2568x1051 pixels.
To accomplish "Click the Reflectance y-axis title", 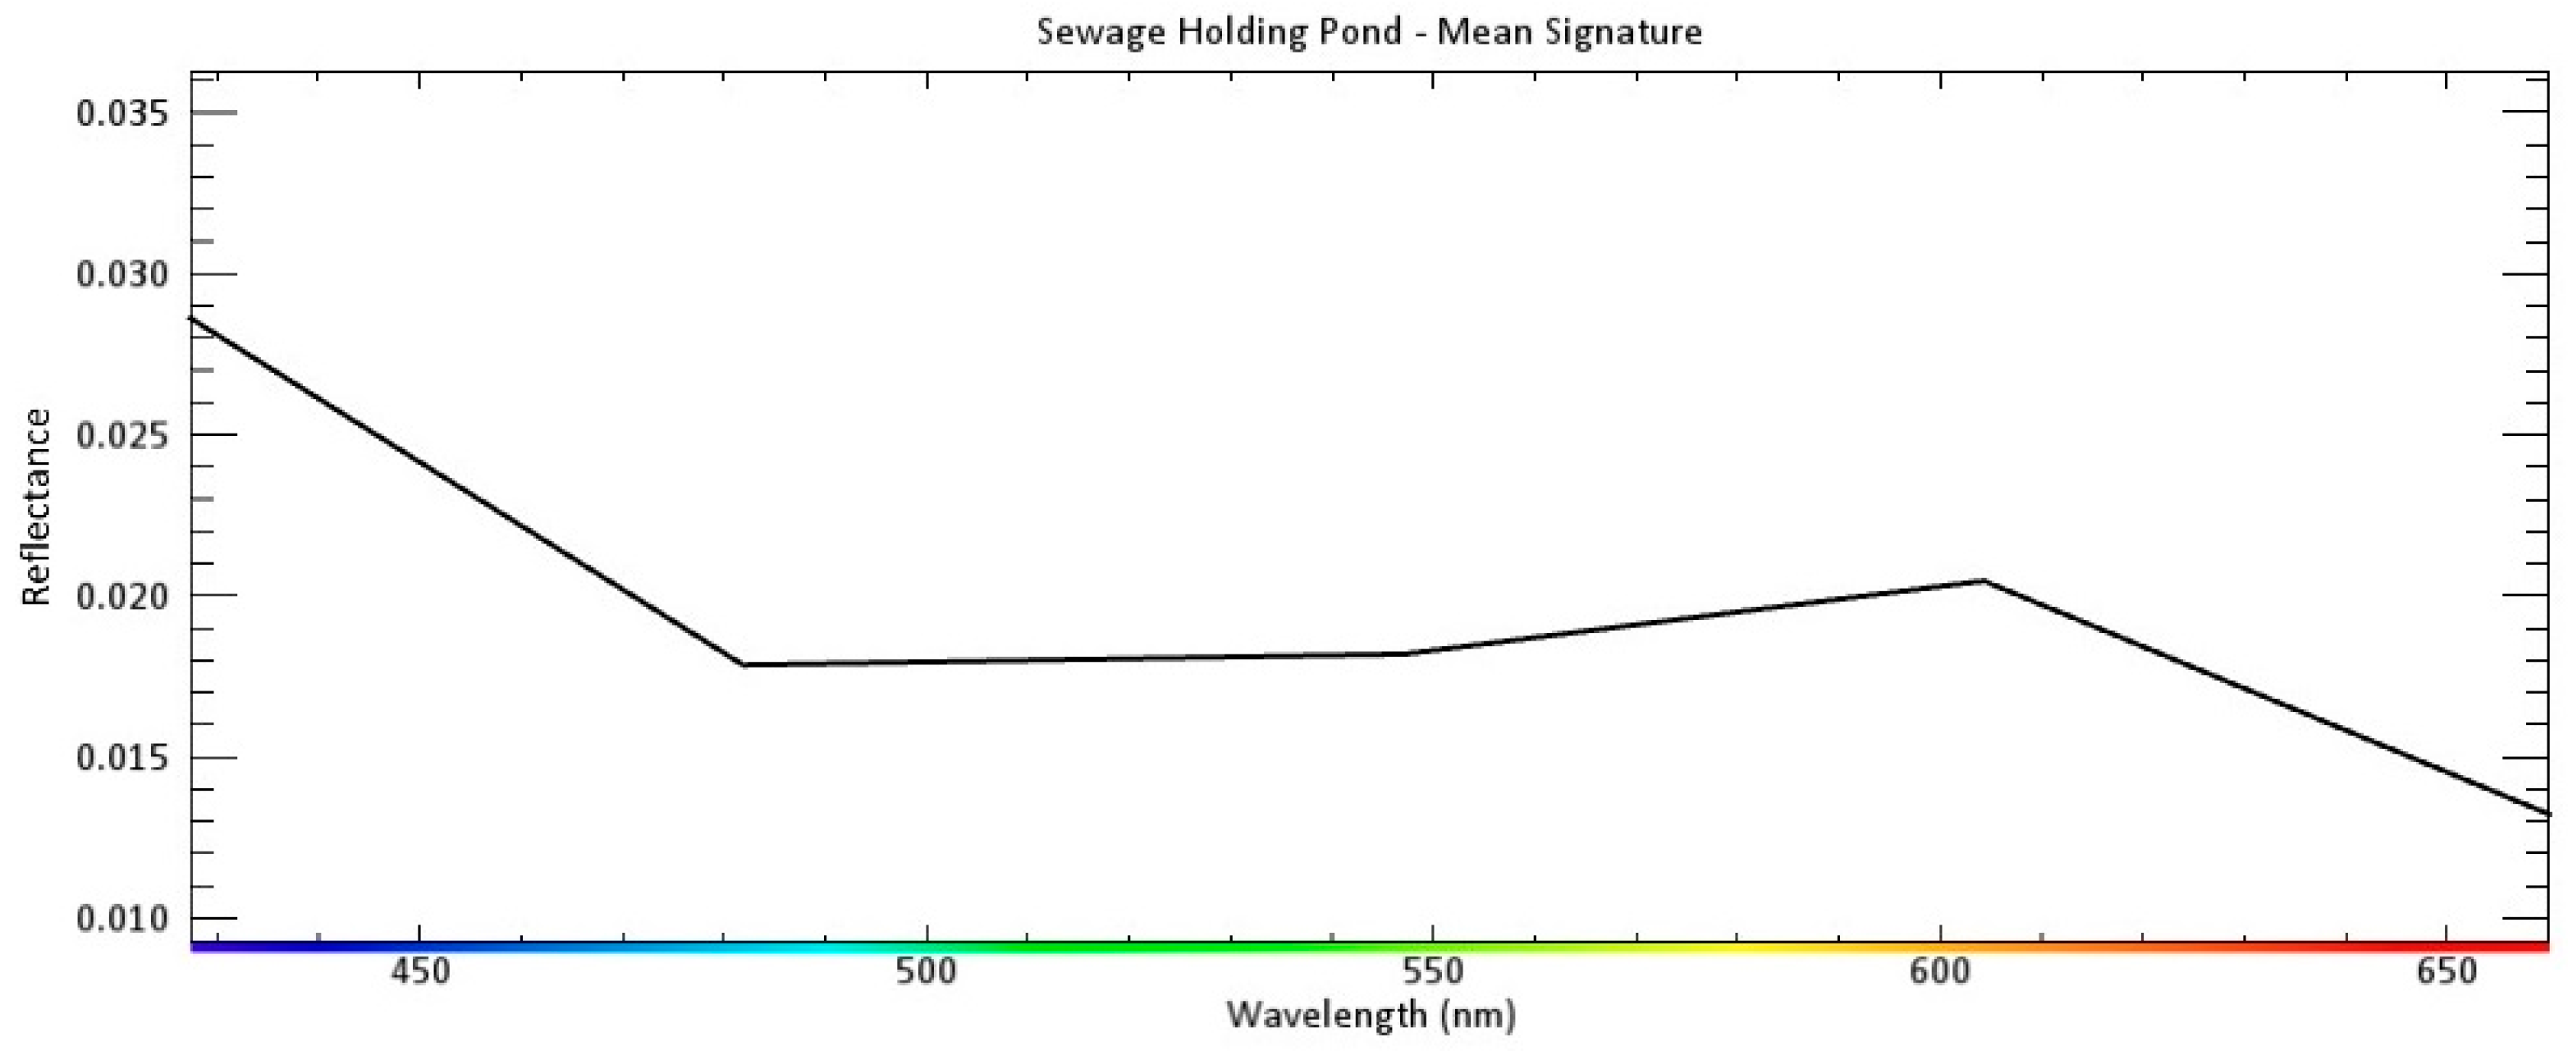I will click(x=37, y=507).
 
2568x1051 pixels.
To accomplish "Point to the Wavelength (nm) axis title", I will click(x=1371, y=1015).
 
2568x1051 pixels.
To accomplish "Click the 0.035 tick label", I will click(x=124, y=112).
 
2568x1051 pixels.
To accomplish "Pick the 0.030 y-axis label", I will click(x=124, y=273).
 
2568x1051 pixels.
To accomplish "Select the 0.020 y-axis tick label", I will click(x=124, y=595).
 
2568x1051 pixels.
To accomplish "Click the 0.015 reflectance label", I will click(x=124, y=757).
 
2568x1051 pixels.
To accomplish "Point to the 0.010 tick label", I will click(x=124, y=917).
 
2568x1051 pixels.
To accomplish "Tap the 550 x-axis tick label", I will click(x=1432, y=971).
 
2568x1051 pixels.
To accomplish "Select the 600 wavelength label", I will click(x=1940, y=971).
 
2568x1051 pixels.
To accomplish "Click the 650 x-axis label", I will click(x=2447, y=971).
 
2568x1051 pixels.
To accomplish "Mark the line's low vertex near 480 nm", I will click(x=744, y=664).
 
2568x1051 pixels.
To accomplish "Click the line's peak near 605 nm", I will click(x=1984, y=581).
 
